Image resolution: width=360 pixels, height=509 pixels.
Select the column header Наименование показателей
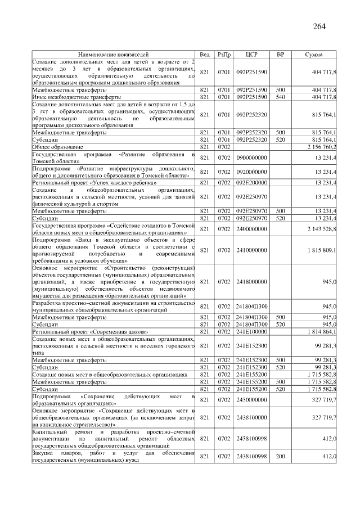[x=113, y=55]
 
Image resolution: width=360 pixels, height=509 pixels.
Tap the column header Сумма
[x=313, y=55]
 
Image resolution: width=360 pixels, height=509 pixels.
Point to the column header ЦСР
[x=251, y=55]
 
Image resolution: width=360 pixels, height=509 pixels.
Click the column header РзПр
[x=224, y=55]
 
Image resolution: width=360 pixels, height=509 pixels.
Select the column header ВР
[x=280, y=55]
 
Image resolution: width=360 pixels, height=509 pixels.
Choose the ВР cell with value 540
[x=280, y=97]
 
